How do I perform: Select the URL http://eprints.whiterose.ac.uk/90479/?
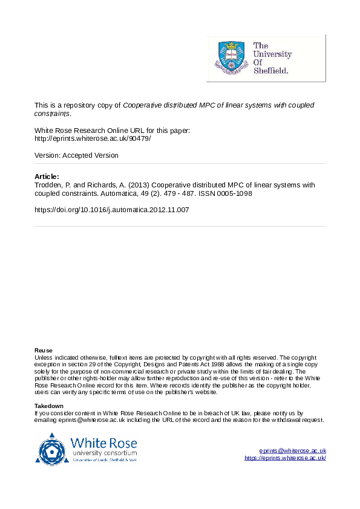(93, 138)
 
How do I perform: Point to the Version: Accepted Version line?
(76, 155)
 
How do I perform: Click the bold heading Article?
(47, 176)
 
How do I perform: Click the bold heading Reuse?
(44, 351)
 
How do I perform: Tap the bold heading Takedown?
(49, 406)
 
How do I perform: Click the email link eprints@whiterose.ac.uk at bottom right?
(293, 451)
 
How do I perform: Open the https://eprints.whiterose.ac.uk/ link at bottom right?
(285, 458)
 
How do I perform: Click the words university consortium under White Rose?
(104, 453)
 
